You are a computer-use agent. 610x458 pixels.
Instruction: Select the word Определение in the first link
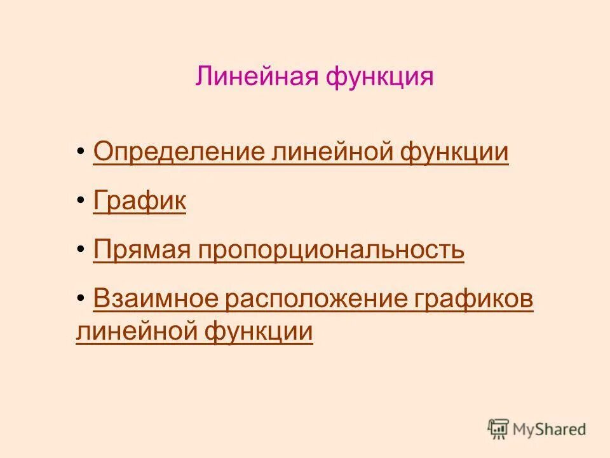click(x=179, y=153)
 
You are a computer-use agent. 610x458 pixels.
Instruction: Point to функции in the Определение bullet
click(x=454, y=153)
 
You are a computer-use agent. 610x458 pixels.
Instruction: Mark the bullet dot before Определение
click(x=81, y=153)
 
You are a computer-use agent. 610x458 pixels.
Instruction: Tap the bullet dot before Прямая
click(x=81, y=251)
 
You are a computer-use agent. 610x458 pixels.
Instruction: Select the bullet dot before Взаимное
click(x=81, y=300)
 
